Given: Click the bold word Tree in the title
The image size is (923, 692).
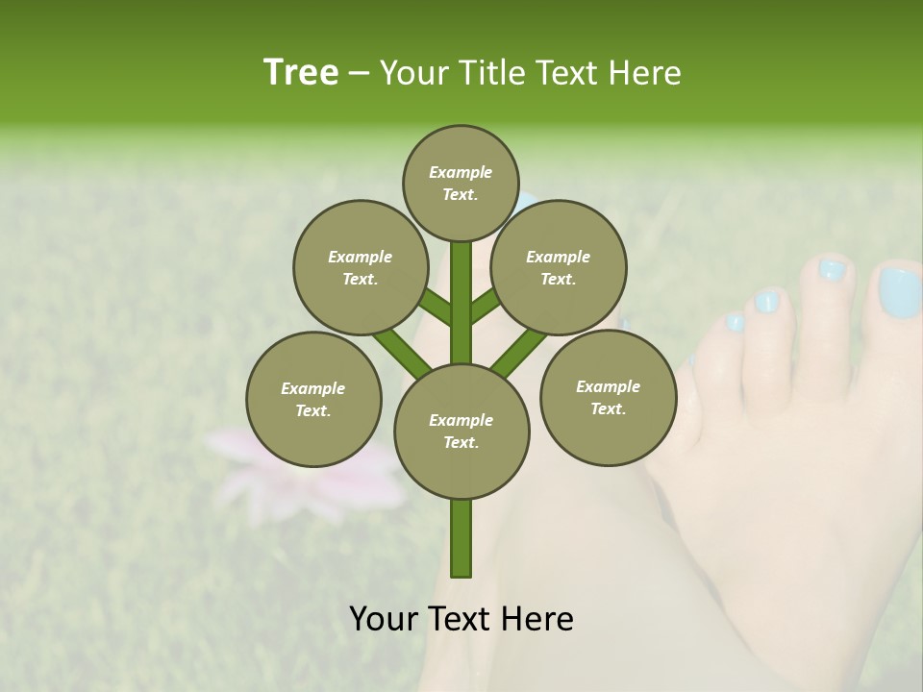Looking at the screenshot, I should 301,72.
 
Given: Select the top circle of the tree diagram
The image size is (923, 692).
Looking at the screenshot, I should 461,183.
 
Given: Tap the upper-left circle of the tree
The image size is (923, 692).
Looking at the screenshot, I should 360,267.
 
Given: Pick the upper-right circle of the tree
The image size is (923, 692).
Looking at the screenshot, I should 559,267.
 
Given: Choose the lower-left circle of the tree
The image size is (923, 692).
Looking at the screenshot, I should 313,399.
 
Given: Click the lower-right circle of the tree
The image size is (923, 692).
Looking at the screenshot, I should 608,397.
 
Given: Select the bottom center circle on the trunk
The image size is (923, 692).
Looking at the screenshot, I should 461,431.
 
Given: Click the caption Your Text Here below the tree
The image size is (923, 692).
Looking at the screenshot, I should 461,619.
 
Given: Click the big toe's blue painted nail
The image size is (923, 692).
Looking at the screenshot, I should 899,292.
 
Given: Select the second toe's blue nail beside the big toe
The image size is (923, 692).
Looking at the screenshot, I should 831,271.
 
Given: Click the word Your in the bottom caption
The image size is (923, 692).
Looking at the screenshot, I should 385,619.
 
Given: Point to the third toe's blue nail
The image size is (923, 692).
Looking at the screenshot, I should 767,302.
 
